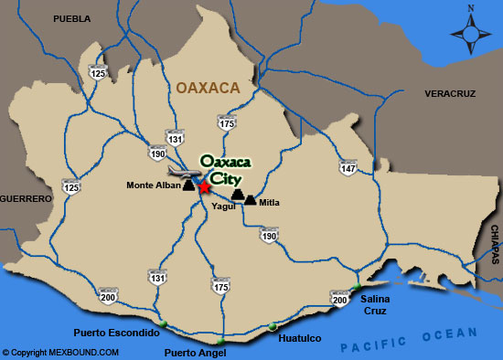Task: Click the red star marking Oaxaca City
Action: point(205,186)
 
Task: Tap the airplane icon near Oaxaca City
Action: point(180,170)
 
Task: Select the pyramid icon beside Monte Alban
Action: point(188,185)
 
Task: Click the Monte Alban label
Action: point(154,186)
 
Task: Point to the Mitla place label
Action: point(269,202)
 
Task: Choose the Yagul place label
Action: point(223,206)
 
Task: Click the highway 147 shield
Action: point(348,168)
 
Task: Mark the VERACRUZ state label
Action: point(452,94)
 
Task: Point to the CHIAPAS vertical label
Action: point(494,243)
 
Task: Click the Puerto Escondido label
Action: point(118,333)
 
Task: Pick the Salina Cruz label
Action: point(376,305)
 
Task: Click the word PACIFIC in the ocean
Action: point(367,345)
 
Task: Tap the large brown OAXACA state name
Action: point(207,88)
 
